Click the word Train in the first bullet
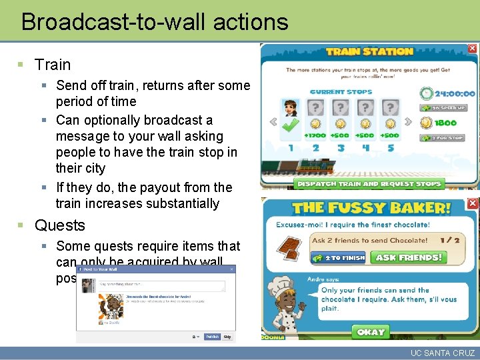[x=53, y=65]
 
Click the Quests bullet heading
[x=60, y=225]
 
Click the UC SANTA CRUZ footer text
[x=443, y=353]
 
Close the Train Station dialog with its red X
[x=472, y=49]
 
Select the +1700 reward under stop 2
[x=315, y=135]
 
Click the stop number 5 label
[x=390, y=147]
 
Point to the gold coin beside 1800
[x=426, y=123]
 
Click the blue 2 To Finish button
[x=344, y=257]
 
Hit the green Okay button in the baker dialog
[x=371, y=331]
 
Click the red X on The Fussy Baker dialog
[x=472, y=203]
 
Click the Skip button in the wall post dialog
[x=227, y=337]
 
